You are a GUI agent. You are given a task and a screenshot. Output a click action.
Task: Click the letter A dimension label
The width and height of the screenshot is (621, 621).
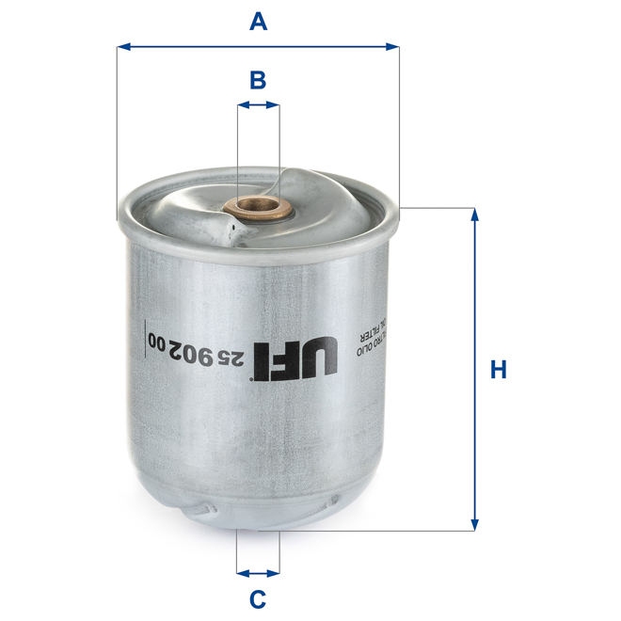[x=258, y=19]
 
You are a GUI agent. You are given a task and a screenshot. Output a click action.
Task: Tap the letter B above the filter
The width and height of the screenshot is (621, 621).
[x=258, y=80]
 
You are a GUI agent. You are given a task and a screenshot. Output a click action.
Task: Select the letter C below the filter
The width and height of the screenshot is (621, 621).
[x=258, y=597]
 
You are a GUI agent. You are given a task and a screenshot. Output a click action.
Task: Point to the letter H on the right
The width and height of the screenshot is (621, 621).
[x=499, y=369]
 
